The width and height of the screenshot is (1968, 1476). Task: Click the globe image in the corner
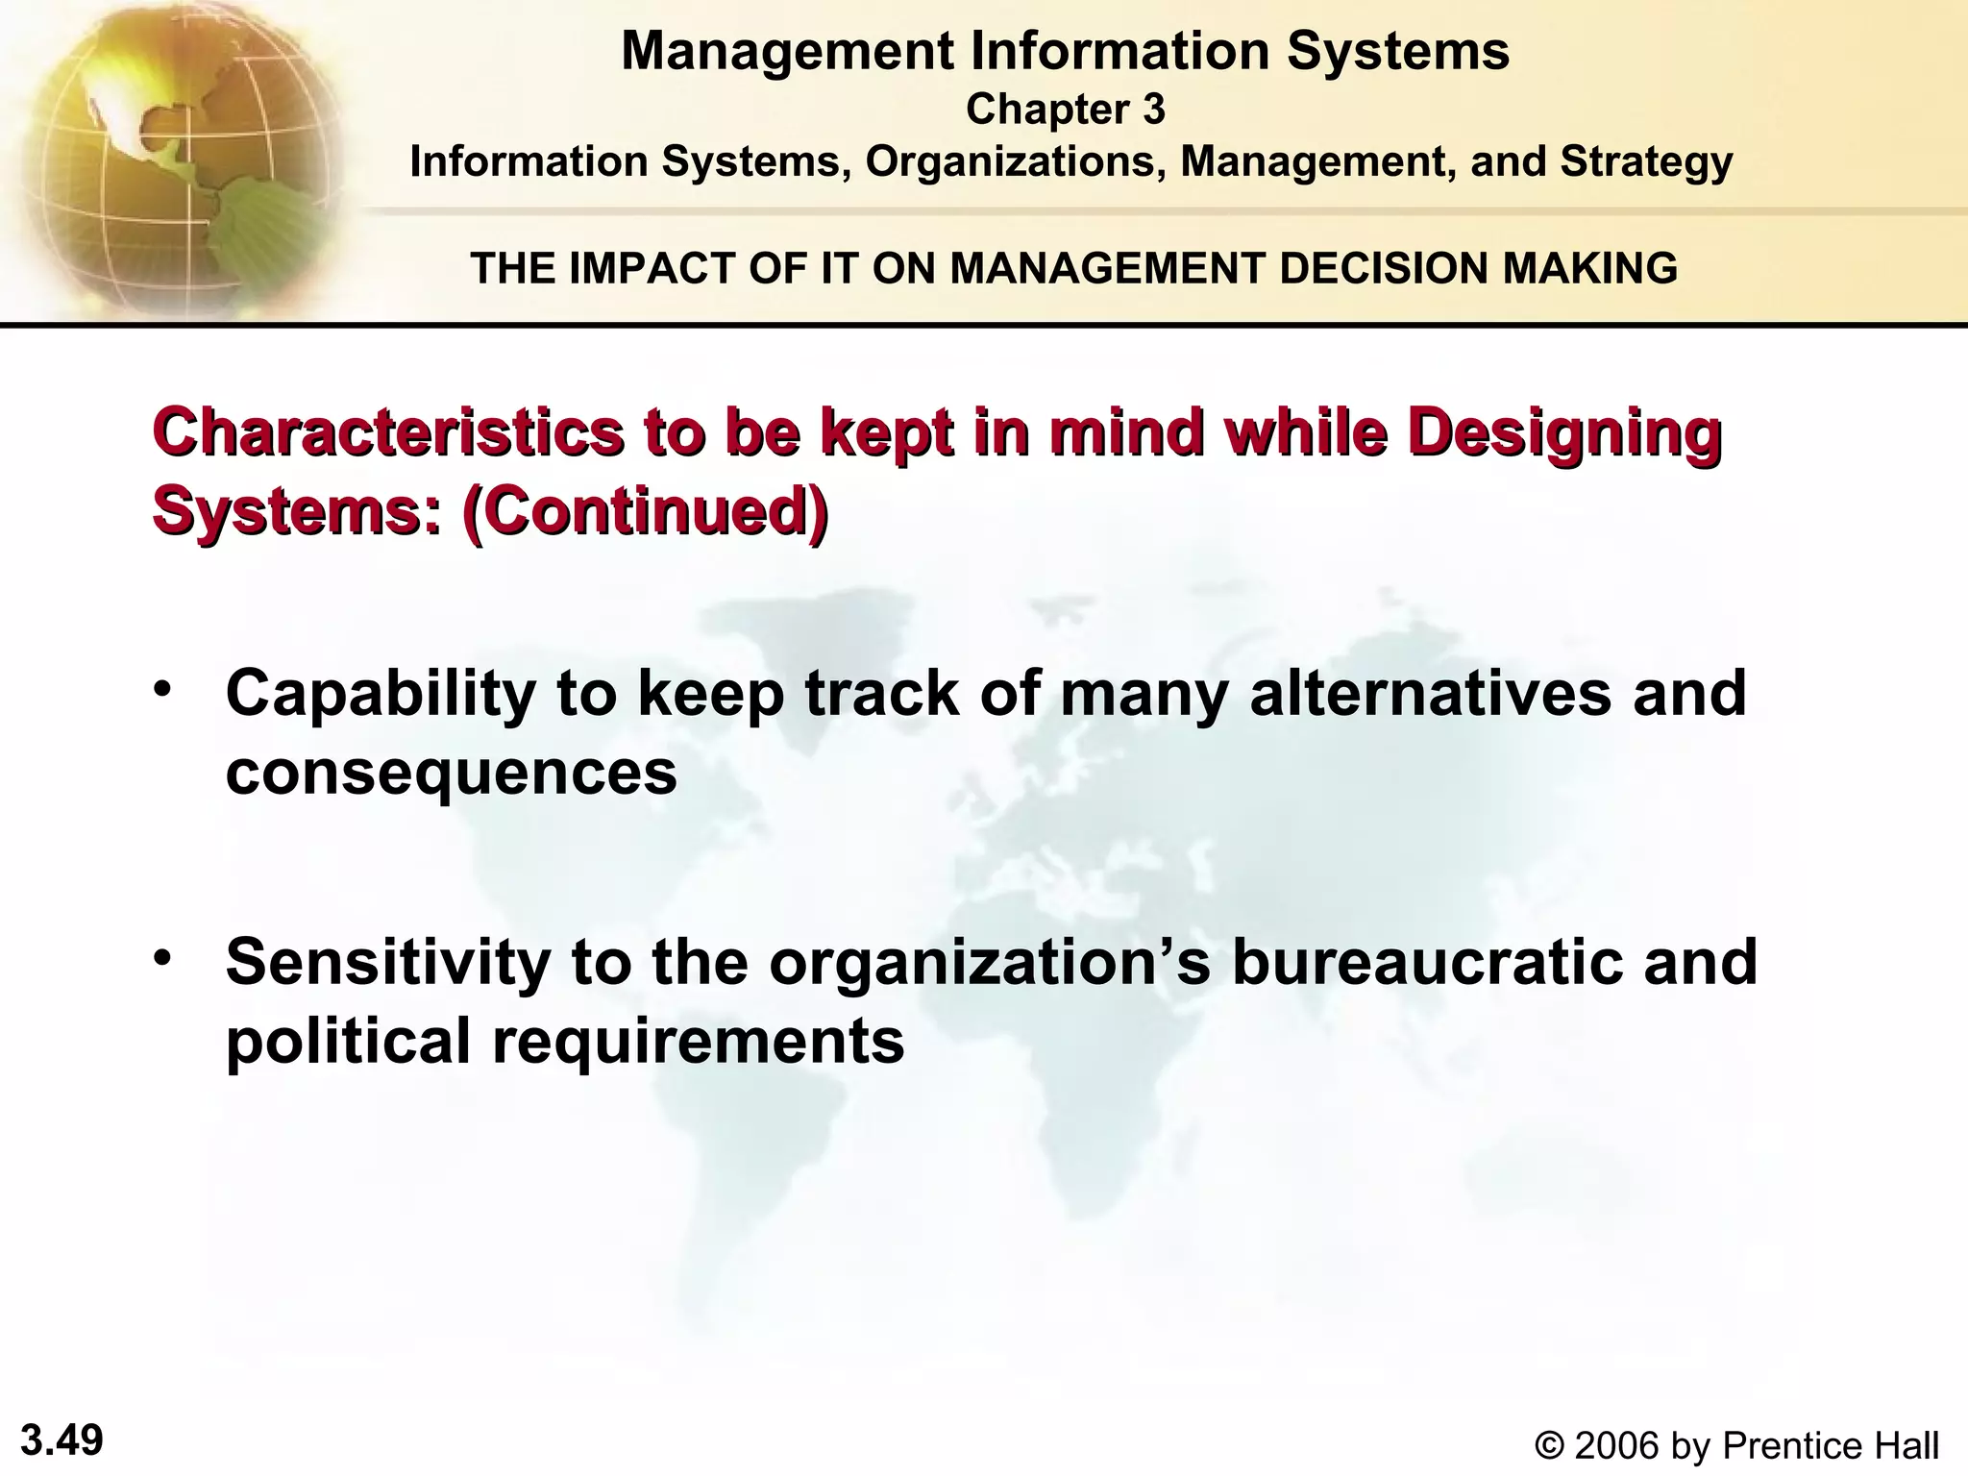click(173, 154)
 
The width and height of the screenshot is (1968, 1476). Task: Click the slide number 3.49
click(61, 1440)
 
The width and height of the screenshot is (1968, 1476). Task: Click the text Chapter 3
click(1065, 110)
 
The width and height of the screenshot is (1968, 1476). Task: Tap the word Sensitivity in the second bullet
click(387, 962)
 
